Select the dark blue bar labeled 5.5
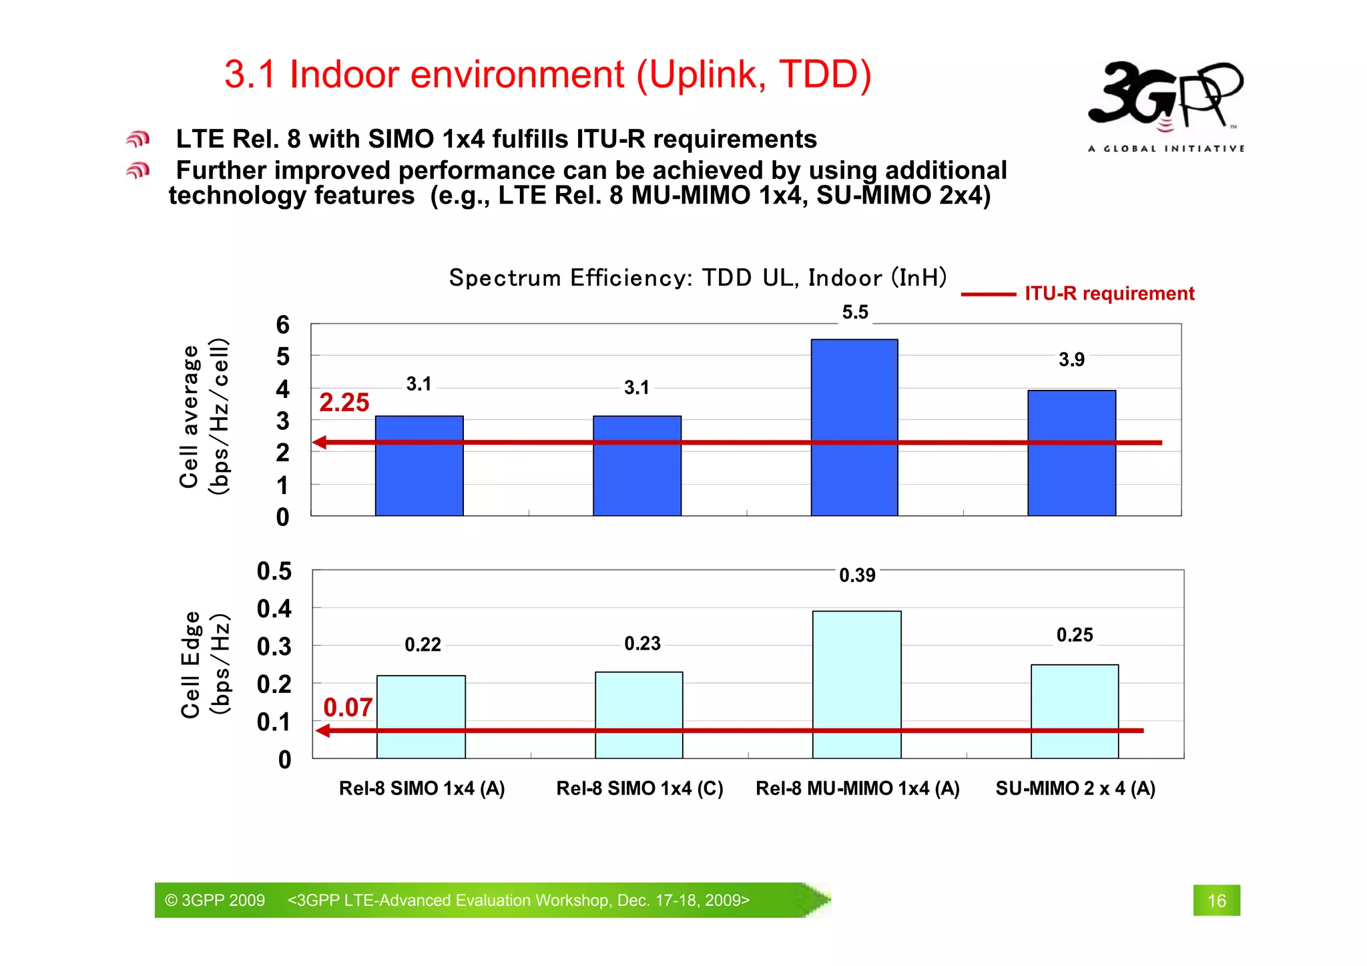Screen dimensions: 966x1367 [x=854, y=427]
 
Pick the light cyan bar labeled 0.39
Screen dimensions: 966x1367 [x=856, y=684]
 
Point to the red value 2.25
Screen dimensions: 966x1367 [x=344, y=403]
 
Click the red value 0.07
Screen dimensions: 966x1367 [x=347, y=708]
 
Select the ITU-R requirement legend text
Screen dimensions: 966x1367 [x=1109, y=294]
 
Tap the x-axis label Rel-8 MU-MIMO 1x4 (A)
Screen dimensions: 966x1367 [x=857, y=788]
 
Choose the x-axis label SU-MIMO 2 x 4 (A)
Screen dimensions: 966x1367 [x=1075, y=788]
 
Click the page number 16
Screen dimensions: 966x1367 [x=1216, y=901]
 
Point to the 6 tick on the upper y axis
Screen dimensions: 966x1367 [x=283, y=325]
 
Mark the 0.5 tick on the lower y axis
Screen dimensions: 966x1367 [x=274, y=571]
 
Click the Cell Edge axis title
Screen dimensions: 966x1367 [x=190, y=664]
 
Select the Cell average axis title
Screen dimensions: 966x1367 [x=190, y=417]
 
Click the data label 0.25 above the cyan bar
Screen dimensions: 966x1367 [x=1074, y=635]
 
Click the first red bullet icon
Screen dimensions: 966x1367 [x=138, y=139]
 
